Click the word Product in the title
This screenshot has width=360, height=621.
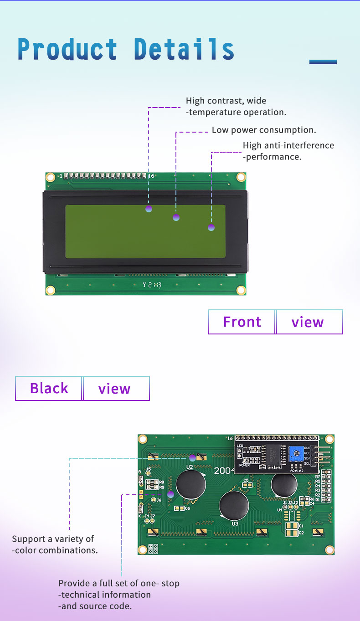[67, 50]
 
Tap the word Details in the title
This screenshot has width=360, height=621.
[184, 50]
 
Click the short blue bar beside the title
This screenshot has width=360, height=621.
[323, 62]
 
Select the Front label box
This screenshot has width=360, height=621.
[242, 322]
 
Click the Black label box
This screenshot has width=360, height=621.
[49, 389]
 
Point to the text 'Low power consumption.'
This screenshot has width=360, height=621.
[264, 130]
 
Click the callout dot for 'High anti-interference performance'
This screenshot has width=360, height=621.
[211, 227]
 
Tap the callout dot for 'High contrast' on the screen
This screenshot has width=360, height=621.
[149, 209]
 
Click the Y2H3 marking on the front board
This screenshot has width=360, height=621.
[152, 285]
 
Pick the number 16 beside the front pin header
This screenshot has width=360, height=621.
[151, 175]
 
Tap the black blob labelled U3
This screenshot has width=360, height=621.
[234, 506]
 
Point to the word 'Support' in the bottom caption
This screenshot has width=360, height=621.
[29, 539]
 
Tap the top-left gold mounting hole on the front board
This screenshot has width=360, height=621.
[50, 177]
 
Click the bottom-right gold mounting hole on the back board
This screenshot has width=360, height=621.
[329, 549]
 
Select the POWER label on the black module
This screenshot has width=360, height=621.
[244, 465]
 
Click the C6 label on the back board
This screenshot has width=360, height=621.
[187, 508]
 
